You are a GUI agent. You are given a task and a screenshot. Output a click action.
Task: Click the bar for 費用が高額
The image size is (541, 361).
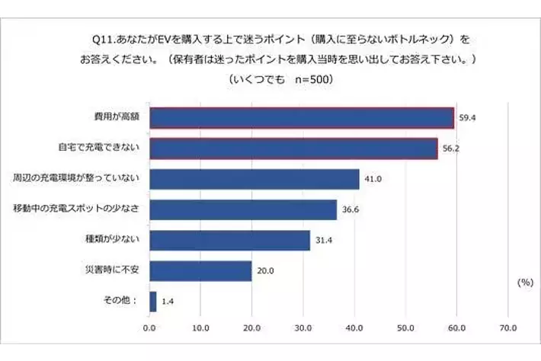click(302, 117)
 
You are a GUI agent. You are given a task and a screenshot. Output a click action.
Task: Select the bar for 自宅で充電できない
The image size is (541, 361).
click(293, 148)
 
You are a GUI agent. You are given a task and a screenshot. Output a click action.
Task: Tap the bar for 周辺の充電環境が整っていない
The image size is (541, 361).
click(254, 179)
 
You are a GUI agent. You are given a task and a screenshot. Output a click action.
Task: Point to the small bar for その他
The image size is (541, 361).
click(153, 302)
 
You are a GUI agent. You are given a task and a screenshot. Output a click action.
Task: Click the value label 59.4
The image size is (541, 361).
click(468, 118)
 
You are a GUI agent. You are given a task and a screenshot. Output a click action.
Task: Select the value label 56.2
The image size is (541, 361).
click(452, 149)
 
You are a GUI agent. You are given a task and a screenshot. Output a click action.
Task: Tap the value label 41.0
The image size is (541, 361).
click(373, 180)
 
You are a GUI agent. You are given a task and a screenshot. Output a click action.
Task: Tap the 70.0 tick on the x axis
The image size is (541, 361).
click(507, 328)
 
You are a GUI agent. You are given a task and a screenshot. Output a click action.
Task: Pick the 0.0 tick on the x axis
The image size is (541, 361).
click(150, 328)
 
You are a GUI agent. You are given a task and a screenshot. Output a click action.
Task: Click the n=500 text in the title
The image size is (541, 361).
click(310, 78)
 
